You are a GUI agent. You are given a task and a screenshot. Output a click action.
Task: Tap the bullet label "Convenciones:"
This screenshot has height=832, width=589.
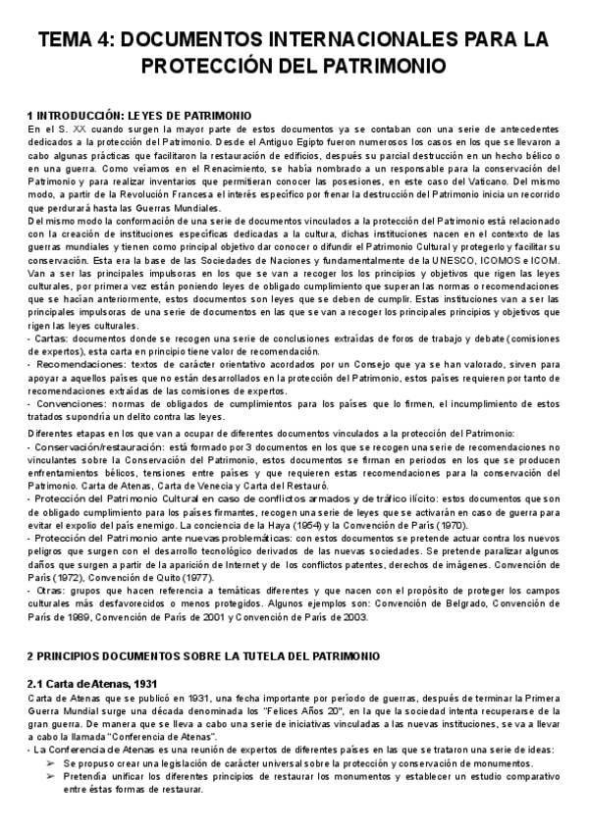(x=63, y=402)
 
